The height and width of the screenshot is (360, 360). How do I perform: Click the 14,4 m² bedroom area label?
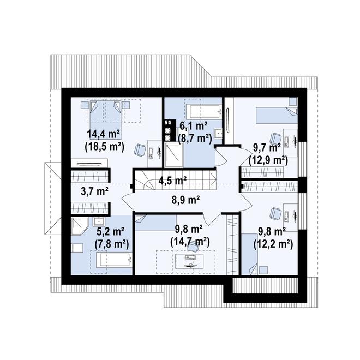click(104, 135)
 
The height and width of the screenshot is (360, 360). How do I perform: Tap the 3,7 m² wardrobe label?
click(95, 191)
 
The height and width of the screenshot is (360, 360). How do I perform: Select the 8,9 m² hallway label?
click(186, 200)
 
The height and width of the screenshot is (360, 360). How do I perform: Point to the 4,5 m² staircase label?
click(172, 181)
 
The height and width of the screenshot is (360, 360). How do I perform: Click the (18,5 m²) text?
click(105, 147)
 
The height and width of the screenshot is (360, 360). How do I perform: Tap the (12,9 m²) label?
click(268, 160)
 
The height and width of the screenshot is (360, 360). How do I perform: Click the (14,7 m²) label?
click(190, 242)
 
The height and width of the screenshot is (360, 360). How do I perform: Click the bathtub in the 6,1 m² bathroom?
click(203, 112)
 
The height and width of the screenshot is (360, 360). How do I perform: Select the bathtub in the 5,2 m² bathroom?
click(113, 260)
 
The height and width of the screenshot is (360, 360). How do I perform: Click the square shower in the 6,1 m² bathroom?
click(174, 155)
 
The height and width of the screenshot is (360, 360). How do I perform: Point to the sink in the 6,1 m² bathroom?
click(218, 133)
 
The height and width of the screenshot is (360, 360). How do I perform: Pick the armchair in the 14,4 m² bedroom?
click(139, 150)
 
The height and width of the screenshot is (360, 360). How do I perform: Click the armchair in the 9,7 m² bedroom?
click(275, 139)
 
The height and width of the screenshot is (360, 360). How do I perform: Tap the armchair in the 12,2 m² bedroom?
click(275, 213)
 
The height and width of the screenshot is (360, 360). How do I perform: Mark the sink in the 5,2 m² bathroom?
click(99, 222)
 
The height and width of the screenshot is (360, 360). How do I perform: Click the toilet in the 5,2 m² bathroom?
click(77, 248)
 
